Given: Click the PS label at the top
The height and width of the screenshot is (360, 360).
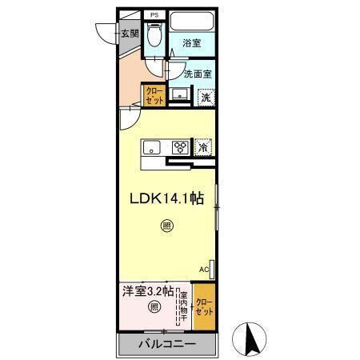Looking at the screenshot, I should click(x=154, y=14).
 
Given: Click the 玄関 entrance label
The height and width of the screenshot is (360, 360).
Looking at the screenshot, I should click(x=130, y=34).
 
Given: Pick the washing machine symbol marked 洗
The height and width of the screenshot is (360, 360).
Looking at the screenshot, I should click(x=206, y=97).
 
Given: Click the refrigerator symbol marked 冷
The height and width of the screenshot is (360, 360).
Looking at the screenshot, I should click(x=204, y=148).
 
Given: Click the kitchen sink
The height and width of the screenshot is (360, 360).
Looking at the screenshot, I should click(x=153, y=147).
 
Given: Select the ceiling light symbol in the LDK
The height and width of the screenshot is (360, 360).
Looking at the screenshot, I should click(x=166, y=226).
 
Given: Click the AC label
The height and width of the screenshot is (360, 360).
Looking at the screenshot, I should click(x=203, y=270).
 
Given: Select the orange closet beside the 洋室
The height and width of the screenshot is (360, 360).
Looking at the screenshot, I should click(x=204, y=308).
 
